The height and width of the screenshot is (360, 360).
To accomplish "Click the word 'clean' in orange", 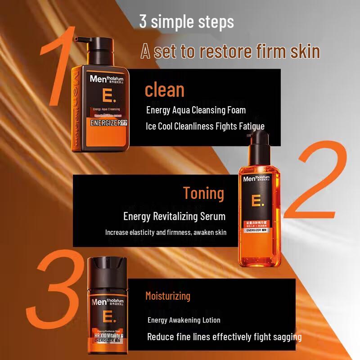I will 165,90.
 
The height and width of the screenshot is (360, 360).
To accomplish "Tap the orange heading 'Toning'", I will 203,193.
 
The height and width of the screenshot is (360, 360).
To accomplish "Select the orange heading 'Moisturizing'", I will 168,296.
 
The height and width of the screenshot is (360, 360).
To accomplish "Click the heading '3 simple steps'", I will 186,22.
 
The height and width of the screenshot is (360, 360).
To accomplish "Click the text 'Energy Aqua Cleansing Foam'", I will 196,110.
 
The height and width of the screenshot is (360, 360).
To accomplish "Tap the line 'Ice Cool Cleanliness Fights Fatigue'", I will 205,126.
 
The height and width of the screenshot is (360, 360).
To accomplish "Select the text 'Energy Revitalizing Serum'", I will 175,216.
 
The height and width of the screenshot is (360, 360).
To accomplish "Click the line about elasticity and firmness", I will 166,233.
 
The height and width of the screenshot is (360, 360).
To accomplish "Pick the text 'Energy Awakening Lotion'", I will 184,320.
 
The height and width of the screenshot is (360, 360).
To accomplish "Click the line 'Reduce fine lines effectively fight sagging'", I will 225,337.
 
